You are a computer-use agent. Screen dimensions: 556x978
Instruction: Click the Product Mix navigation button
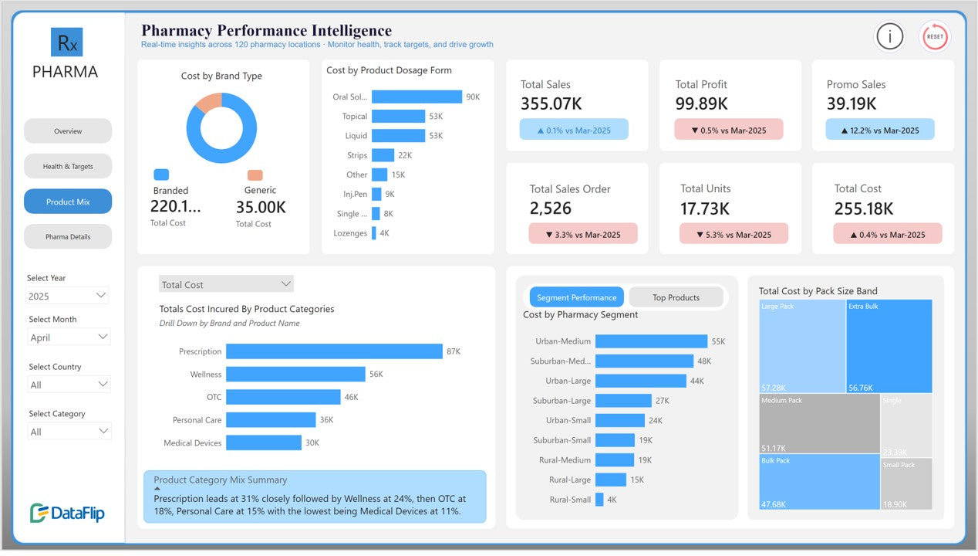pyautogui.click(x=68, y=202)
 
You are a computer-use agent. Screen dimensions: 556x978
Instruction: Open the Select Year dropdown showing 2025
pyautogui.click(x=68, y=296)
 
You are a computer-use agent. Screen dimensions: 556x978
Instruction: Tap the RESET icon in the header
pyautogui.click(x=935, y=36)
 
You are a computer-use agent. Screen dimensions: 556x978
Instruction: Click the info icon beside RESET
pyautogui.click(x=890, y=36)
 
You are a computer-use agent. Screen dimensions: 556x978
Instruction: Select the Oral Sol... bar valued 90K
pyautogui.click(x=416, y=97)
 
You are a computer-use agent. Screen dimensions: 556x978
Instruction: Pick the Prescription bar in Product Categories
pyautogui.click(x=334, y=351)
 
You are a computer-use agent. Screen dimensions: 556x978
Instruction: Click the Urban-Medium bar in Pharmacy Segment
pyautogui.click(x=651, y=341)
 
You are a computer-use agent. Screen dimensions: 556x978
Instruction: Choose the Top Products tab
pyautogui.click(x=676, y=297)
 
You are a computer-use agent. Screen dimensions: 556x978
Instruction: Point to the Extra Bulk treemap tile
pyautogui.click(x=889, y=346)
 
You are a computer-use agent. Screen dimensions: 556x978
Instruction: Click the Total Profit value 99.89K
pyautogui.click(x=701, y=103)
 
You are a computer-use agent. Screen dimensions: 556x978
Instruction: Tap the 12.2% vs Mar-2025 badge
pyautogui.click(x=879, y=130)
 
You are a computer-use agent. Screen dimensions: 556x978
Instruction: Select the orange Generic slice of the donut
pyautogui.click(x=209, y=103)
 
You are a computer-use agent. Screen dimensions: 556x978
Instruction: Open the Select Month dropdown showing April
pyautogui.click(x=69, y=337)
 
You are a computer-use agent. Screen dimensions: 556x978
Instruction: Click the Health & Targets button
pyautogui.click(x=68, y=166)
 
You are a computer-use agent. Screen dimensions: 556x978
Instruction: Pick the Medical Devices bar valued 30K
pyautogui.click(x=263, y=442)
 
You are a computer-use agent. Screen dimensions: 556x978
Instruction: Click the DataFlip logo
pyautogui.click(x=67, y=513)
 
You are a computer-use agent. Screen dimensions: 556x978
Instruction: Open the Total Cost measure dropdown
pyautogui.click(x=226, y=284)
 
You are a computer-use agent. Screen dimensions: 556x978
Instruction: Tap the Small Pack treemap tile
pyautogui.click(x=906, y=483)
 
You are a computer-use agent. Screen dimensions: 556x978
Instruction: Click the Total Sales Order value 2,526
pyautogui.click(x=550, y=208)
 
